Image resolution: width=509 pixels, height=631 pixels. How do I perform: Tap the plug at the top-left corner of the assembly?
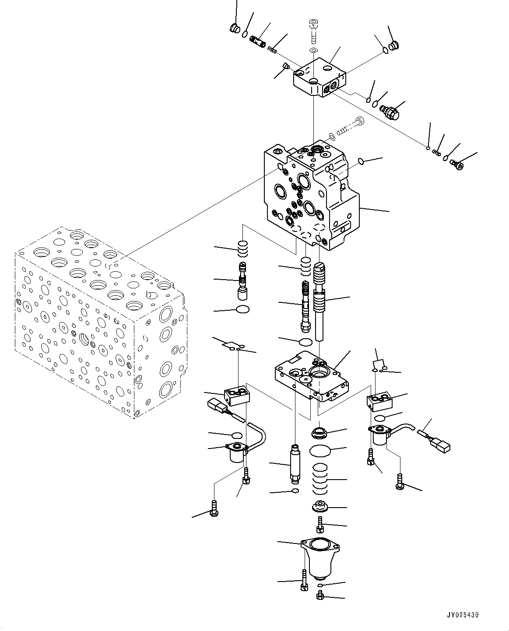click(235, 29)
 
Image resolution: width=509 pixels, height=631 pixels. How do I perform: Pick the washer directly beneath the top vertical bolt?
click(313, 51)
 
